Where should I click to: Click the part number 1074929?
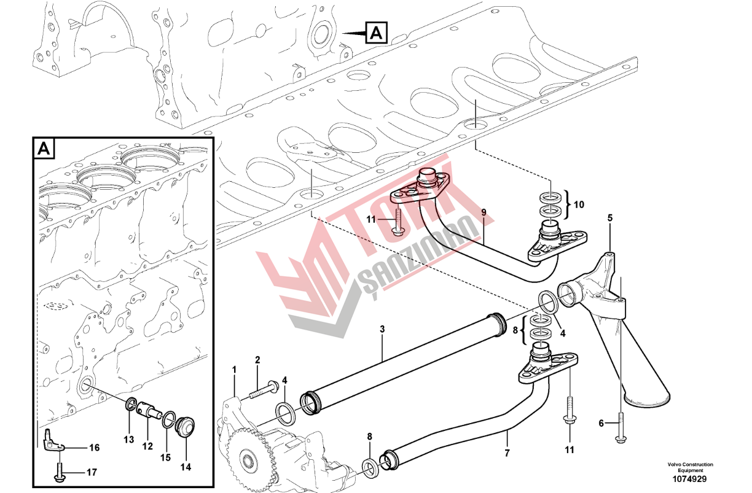click(x=690, y=479)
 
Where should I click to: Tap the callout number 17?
click(x=92, y=472)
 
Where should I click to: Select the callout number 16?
click(x=95, y=448)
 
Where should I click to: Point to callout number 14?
click(x=186, y=467)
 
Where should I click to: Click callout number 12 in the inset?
click(x=147, y=446)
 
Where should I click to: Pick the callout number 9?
click(x=484, y=212)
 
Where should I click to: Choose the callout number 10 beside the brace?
click(x=579, y=204)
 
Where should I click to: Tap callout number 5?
click(x=610, y=218)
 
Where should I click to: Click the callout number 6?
click(x=601, y=423)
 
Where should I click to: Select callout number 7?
click(x=507, y=453)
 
